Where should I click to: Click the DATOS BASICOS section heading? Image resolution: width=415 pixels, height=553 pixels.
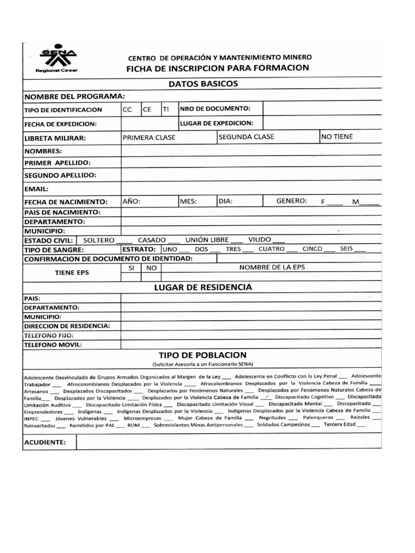[x=203, y=84]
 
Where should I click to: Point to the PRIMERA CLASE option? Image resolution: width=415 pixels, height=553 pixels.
[x=149, y=137]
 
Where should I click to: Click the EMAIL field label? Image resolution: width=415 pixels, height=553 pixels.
[x=37, y=189]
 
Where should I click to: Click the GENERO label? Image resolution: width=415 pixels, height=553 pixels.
[x=292, y=201]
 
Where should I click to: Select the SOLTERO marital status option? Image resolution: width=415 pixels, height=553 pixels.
[x=99, y=239]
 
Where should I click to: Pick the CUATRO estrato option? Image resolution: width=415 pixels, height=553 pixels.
[x=271, y=249]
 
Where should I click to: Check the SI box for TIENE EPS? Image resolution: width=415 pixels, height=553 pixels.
[x=131, y=267]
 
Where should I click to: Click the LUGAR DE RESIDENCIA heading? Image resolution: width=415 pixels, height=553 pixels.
[x=203, y=287]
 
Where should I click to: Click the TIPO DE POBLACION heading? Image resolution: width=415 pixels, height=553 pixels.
[x=203, y=355]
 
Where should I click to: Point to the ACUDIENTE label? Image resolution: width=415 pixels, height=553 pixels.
[x=45, y=443]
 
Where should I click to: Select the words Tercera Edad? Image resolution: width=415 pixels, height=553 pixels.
[x=339, y=424]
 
